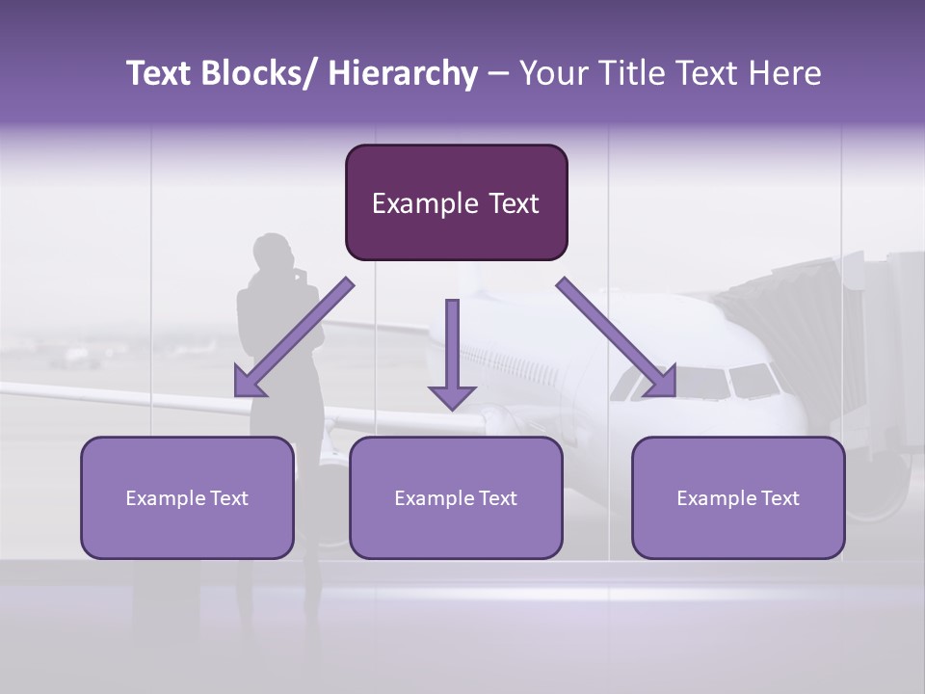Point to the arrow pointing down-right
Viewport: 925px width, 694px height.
click(618, 337)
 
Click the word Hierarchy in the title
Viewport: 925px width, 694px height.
click(402, 73)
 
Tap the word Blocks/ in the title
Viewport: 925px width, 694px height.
click(257, 73)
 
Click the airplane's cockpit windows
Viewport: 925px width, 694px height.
click(732, 382)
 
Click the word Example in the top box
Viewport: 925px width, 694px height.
click(412, 203)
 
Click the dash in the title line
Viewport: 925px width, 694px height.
click(497, 73)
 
